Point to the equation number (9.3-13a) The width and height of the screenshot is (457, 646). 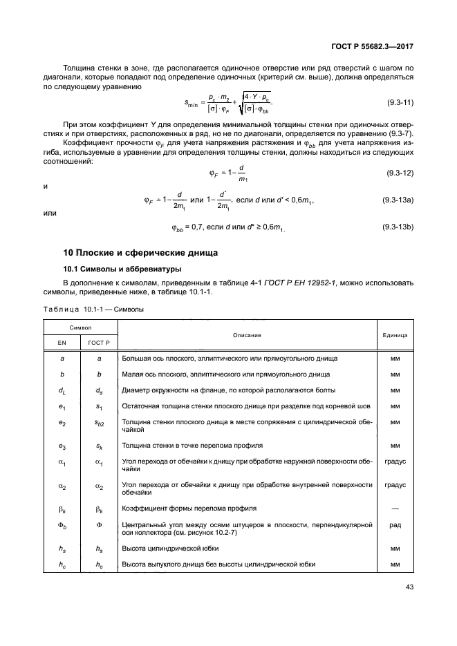click(398, 200)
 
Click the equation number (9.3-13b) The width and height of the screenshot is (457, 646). click(398, 227)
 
